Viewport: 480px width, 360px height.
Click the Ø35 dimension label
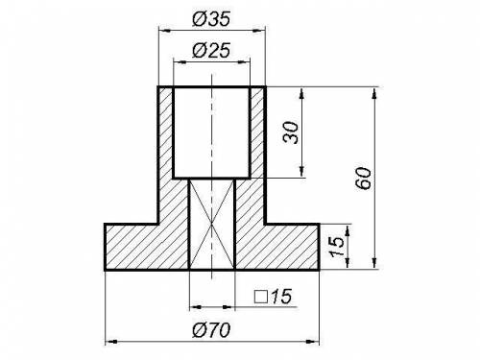point(211,19)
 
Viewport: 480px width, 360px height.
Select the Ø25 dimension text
point(211,51)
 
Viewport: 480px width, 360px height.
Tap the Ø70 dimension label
point(211,330)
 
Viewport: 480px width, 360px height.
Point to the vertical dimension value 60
point(364,179)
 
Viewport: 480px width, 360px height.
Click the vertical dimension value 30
point(291,132)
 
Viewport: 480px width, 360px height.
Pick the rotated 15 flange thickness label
point(337,247)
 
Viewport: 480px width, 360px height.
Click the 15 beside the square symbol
point(281,297)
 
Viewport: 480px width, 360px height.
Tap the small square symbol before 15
point(261,297)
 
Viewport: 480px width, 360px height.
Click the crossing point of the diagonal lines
point(211,224)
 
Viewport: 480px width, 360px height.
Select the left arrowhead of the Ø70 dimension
point(110,342)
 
